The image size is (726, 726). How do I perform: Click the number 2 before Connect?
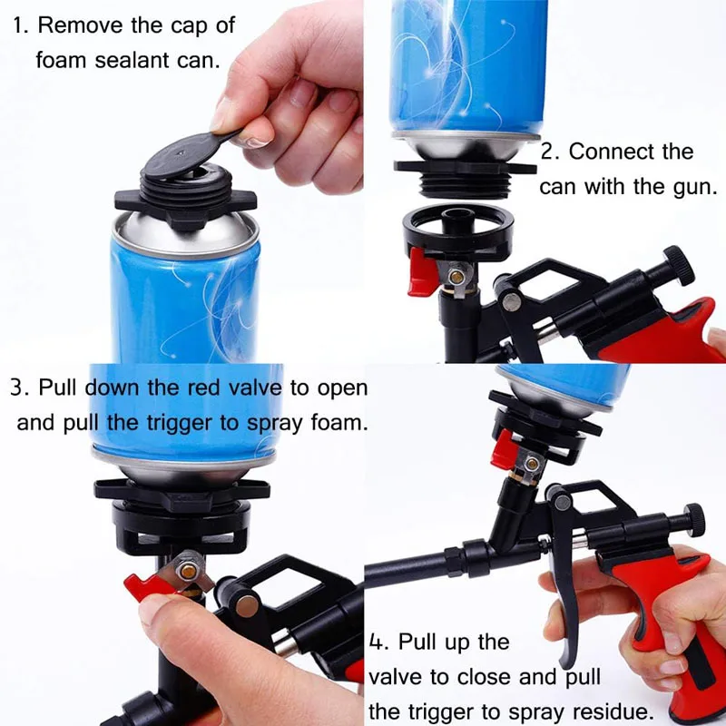[x=548, y=152]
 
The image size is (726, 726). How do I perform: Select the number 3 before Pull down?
[x=17, y=388]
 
